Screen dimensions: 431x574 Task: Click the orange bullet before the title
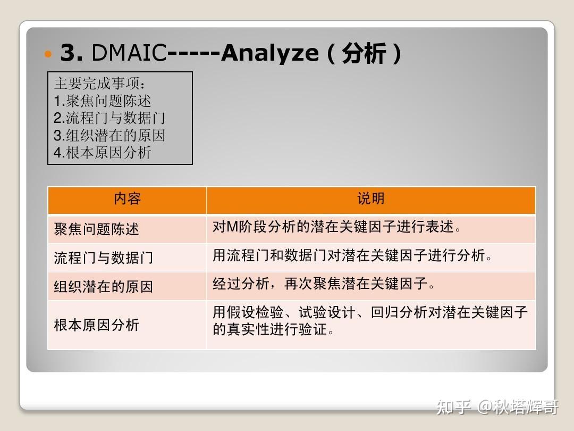tap(49, 54)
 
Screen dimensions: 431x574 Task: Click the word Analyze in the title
tap(269, 53)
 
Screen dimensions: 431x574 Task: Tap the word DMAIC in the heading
tap(129, 53)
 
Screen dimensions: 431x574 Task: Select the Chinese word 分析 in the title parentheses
tap(364, 54)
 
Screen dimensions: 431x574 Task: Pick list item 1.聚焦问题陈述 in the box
tap(103, 101)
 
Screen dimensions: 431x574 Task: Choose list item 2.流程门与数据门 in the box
tap(109, 118)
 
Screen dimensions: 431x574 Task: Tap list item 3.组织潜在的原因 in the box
tap(109, 135)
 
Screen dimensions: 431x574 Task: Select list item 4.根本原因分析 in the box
tap(103, 152)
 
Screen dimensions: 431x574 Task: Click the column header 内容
tap(127, 200)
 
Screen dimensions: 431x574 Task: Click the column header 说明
tap(370, 200)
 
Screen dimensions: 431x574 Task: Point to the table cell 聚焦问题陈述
tap(96, 229)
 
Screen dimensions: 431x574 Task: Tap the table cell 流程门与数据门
tap(103, 258)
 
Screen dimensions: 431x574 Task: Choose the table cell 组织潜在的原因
tap(103, 287)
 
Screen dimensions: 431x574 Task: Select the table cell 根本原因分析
tap(96, 325)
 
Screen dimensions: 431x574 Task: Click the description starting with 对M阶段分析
tap(337, 227)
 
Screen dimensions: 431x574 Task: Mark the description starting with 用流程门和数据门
tap(352, 256)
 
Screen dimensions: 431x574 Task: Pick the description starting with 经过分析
tap(324, 284)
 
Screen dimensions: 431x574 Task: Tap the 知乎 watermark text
tap(453, 408)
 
